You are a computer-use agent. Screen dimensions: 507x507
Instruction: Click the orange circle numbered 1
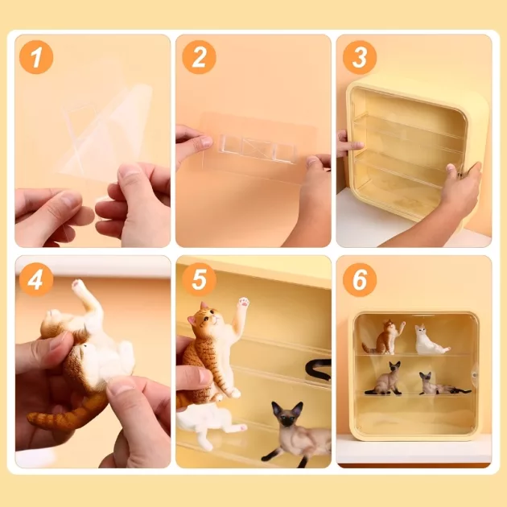click(36, 57)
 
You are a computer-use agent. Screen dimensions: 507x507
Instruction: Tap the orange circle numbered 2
click(199, 57)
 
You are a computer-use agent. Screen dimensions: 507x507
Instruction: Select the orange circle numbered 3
click(360, 57)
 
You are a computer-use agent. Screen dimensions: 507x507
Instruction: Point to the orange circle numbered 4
click(36, 279)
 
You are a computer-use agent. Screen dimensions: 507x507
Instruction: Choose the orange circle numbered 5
click(199, 279)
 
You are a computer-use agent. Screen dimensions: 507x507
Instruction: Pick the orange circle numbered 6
click(360, 279)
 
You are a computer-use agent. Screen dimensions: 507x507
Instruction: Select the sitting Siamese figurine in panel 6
click(385, 379)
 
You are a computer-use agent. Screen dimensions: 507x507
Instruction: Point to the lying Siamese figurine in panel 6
click(441, 385)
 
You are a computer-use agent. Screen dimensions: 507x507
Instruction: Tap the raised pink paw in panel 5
click(244, 303)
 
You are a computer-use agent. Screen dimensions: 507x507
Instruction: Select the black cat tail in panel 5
click(319, 368)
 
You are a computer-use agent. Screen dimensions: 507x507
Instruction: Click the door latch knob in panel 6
click(474, 375)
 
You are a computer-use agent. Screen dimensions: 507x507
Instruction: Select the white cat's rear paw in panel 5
click(241, 428)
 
